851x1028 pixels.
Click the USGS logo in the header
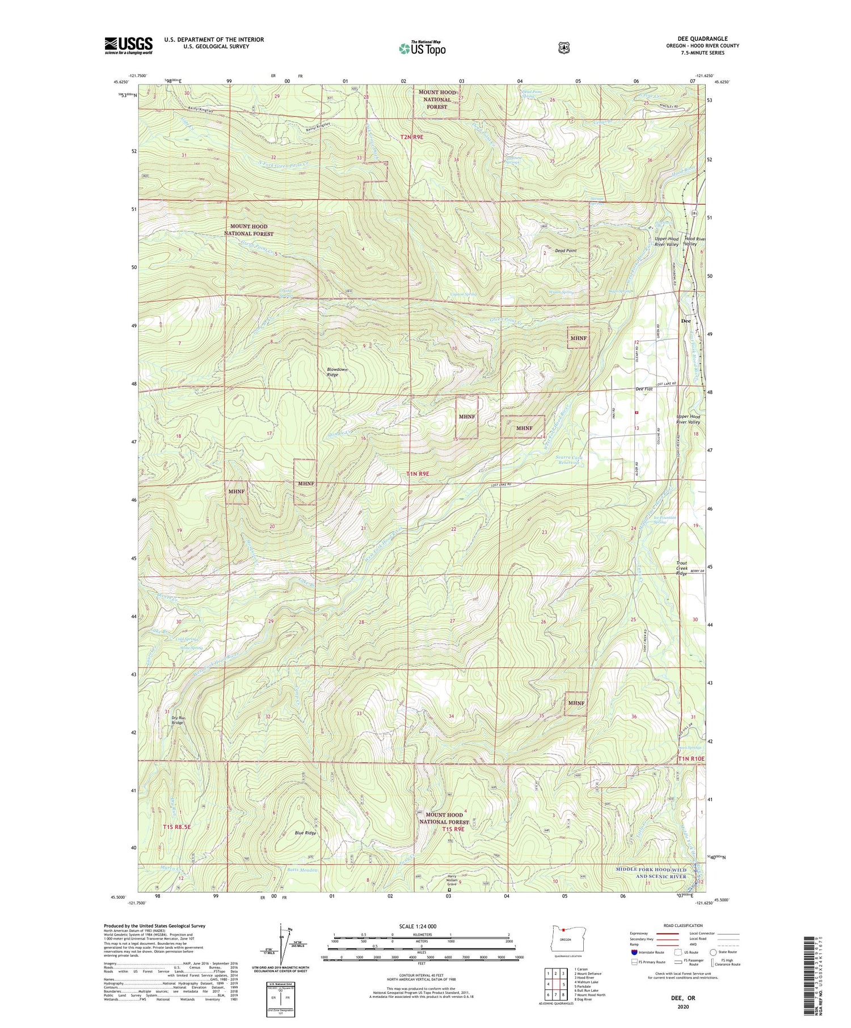coord(128,45)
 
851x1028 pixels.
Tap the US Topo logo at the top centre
coord(422,48)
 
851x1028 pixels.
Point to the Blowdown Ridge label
coord(337,372)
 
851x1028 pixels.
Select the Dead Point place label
coord(566,250)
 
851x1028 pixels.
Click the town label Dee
coord(685,321)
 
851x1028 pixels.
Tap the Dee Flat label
coord(644,389)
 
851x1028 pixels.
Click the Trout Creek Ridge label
coord(681,568)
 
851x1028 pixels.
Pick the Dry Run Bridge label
coord(178,720)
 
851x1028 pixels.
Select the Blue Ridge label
coord(305,833)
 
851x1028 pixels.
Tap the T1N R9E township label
coord(417,473)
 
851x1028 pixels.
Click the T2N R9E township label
coord(412,137)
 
